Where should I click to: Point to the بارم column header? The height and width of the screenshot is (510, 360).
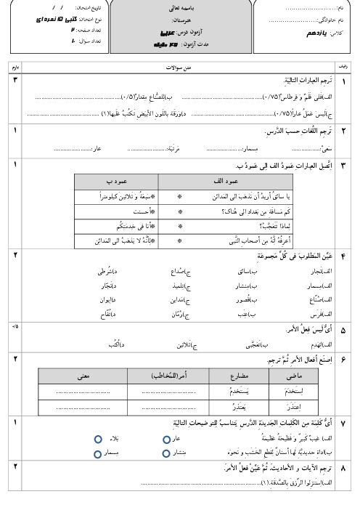[14, 67]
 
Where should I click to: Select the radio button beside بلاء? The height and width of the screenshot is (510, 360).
[97, 440]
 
